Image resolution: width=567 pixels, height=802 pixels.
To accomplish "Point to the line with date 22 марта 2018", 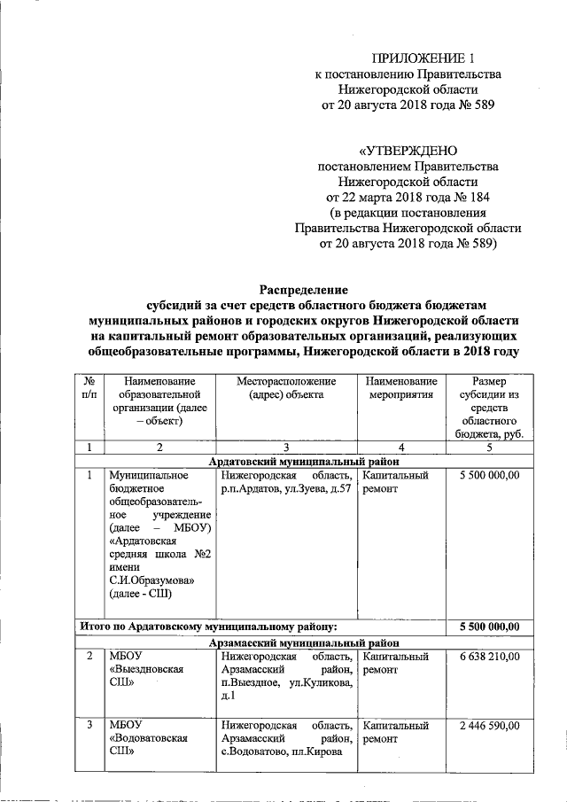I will pos(408,197).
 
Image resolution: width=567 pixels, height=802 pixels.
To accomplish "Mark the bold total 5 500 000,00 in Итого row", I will pos(489,627).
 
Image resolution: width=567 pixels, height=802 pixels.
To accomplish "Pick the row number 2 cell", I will pos(89,657).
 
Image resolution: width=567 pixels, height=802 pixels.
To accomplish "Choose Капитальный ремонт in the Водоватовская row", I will pos(396,732).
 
